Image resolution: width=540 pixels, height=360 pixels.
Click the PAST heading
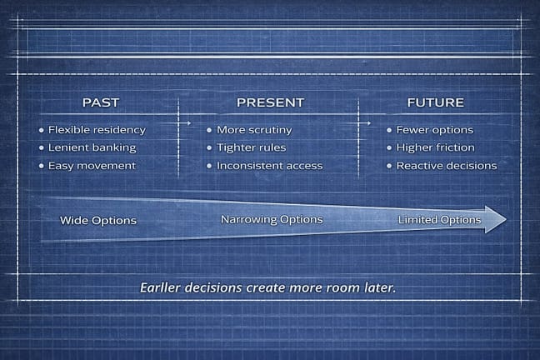(101, 102)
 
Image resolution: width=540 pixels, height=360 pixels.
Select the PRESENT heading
(270, 102)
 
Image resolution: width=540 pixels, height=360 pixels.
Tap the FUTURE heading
(435, 102)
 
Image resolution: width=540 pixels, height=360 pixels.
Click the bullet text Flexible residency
(97, 130)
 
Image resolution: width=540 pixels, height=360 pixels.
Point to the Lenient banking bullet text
(92, 147)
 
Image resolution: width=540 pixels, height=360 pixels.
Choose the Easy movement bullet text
(92, 165)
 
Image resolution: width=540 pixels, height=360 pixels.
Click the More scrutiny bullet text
(253, 130)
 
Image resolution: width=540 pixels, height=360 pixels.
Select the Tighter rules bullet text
(251, 147)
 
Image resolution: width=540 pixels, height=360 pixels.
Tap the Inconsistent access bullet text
(269, 165)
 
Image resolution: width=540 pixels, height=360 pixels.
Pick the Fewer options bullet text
(434, 130)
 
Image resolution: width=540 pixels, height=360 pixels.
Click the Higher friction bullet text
(435, 147)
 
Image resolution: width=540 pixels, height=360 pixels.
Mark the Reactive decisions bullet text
(446, 165)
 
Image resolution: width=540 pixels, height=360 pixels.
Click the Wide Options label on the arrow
(98, 221)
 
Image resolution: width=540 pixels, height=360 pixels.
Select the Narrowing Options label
(271, 219)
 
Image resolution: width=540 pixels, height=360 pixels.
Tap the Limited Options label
(439, 220)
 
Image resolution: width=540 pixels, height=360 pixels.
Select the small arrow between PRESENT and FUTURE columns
(367, 122)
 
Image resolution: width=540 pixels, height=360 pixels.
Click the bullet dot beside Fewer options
(389, 131)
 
